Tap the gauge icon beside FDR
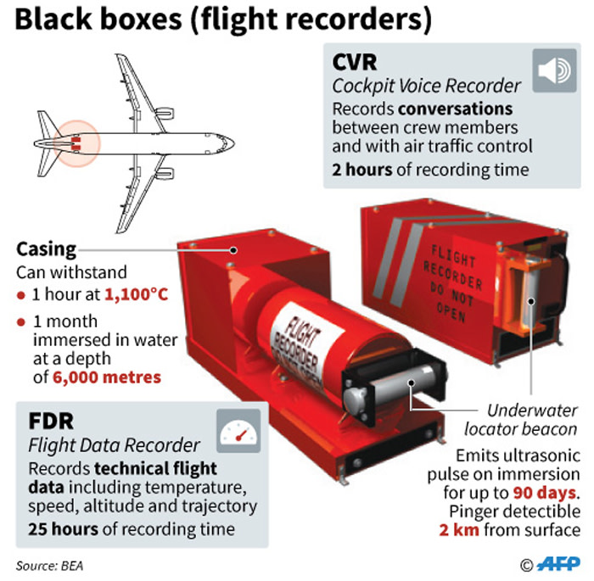click(238, 433)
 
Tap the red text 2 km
click(457, 531)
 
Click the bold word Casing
click(47, 250)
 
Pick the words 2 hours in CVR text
click(362, 169)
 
